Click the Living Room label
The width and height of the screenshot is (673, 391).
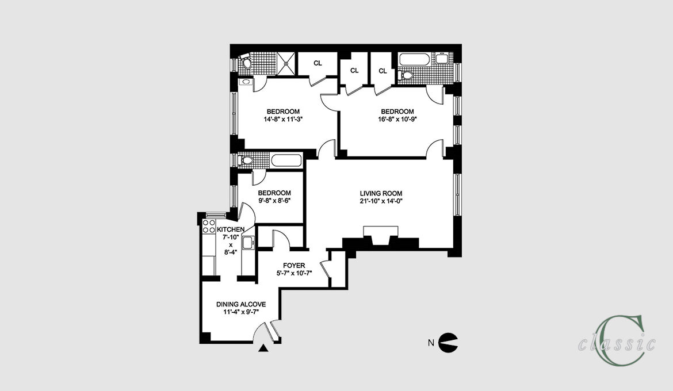coord(381,193)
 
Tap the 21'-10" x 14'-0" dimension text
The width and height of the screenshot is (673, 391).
coord(381,201)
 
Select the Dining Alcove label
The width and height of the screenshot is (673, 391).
coord(241,304)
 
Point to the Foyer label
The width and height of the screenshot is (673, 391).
coord(294,266)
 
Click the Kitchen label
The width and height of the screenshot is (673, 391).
coord(231,229)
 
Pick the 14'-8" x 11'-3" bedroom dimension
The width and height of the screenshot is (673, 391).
coord(283,120)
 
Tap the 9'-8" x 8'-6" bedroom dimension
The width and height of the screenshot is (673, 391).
coord(274,201)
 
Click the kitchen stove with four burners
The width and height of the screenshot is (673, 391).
coord(209,227)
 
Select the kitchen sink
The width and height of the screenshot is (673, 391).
coord(248,243)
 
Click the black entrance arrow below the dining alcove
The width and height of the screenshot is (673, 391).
coord(263,348)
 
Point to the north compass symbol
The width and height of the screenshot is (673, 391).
coord(448,343)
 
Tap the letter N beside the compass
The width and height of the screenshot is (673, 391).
coord(431,343)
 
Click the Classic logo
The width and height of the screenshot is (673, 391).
coord(617,340)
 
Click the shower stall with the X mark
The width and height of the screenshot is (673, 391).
coord(286,63)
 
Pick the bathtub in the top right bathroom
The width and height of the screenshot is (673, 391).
coord(414,59)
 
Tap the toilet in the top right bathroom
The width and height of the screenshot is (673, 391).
coord(406,76)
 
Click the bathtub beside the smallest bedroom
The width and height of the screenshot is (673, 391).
coord(286,160)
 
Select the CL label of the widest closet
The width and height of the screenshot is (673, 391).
coord(318,63)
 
